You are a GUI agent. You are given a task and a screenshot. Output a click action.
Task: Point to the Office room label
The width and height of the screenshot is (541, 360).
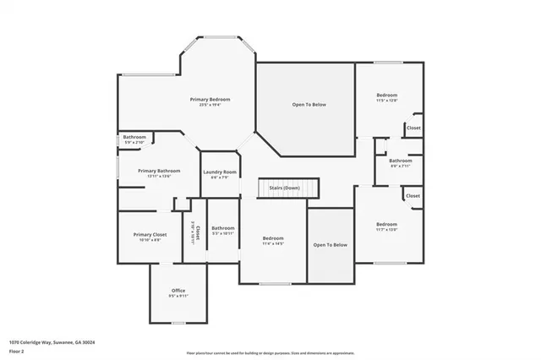pyautogui.click(x=178, y=291)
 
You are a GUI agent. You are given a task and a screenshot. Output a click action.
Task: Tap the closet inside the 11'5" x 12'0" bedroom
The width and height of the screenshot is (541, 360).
pyautogui.click(x=413, y=128)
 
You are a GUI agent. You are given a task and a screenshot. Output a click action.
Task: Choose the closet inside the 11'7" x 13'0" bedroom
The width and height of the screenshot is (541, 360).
pyautogui.click(x=413, y=195)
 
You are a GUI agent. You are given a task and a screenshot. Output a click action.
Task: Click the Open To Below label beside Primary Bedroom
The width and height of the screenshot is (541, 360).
pyautogui.click(x=309, y=105)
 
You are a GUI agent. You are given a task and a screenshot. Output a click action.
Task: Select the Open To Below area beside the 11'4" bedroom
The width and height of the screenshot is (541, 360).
pyautogui.click(x=331, y=245)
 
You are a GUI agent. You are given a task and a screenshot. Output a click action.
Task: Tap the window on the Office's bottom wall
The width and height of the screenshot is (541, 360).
pyautogui.click(x=178, y=322)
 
